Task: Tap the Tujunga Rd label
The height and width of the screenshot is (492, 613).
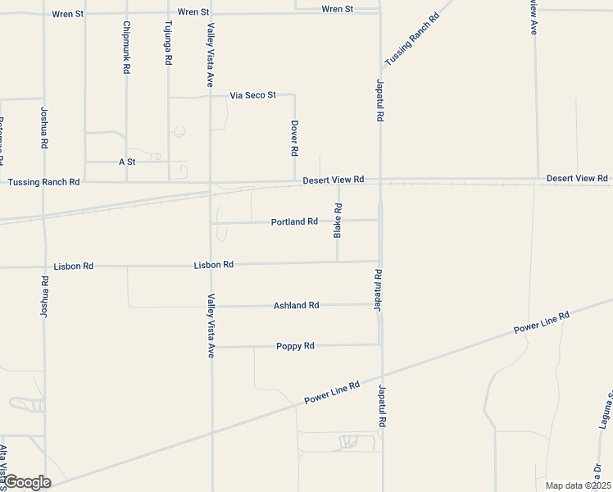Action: tap(168, 43)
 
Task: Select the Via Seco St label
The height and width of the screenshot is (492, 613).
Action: tap(252, 96)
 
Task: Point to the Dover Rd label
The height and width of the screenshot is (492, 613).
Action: tap(294, 139)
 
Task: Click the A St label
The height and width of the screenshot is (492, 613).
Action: tap(126, 162)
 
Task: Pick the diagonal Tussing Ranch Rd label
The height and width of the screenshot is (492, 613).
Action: tap(412, 39)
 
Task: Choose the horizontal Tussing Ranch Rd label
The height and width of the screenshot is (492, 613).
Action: tap(43, 182)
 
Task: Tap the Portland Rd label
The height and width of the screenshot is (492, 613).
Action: tap(294, 221)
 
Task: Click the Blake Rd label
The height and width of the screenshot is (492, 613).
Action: tap(338, 221)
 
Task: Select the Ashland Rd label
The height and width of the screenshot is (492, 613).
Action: tap(296, 306)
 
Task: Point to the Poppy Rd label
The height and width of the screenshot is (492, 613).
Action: tap(295, 346)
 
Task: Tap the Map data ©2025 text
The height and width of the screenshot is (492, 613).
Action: tap(578, 485)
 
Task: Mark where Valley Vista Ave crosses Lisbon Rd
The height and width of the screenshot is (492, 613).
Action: tap(211, 265)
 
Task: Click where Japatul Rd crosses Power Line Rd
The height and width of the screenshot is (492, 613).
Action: tap(381, 380)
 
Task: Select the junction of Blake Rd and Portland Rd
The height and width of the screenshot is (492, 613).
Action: tap(338, 220)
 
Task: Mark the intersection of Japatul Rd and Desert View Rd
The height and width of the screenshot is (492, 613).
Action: tap(380, 180)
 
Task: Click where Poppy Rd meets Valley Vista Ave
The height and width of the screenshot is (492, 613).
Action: tap(212, 347)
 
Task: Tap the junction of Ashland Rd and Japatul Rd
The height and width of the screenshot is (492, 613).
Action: tap(380, 304)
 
